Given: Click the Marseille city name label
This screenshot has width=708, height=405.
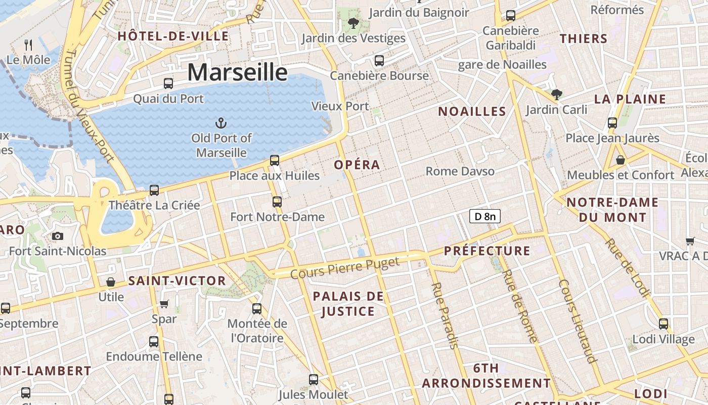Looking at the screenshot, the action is click(x=237, y=72).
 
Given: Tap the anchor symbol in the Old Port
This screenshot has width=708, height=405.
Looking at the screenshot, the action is click(x=220, y=123).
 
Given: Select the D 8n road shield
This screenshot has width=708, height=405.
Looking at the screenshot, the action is click(x=484, y=217).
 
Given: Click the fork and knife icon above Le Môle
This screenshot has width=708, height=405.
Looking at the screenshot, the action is click(x=28, y=46).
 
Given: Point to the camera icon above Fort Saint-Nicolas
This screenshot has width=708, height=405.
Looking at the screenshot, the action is click(x=58, y=236).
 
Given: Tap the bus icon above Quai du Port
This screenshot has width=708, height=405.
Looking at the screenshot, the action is click(x=168, y=84).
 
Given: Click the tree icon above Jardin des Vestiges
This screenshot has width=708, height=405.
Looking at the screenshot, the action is click(x=353, y=23).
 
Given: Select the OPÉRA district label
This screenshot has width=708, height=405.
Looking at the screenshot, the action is click(x=357, y=165).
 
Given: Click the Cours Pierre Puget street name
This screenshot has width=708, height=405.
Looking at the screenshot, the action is click(x=345, y=267).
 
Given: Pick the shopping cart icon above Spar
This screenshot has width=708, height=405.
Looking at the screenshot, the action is click(x=164, y=304).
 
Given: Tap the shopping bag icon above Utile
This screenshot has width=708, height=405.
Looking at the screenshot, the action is click(x=111, y=282).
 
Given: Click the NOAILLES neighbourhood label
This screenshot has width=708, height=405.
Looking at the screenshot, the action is click(x=472, y=111).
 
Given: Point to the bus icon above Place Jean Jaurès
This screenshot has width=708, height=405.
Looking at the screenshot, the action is click(x=612, y=123).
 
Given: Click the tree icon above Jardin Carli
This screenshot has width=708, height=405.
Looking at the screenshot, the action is click(x=556, y=94).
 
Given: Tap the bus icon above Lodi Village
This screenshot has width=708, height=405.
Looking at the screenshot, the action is click(x=663, y=324).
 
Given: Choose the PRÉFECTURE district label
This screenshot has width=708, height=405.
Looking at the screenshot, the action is click(x=487, y=251).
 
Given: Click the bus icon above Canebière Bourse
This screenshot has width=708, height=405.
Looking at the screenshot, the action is click(x=379, y=61).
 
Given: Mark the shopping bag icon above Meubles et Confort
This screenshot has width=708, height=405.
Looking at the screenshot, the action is click(x=621, y=160).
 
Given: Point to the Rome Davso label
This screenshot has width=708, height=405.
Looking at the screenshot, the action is click(x=460, y=171).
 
